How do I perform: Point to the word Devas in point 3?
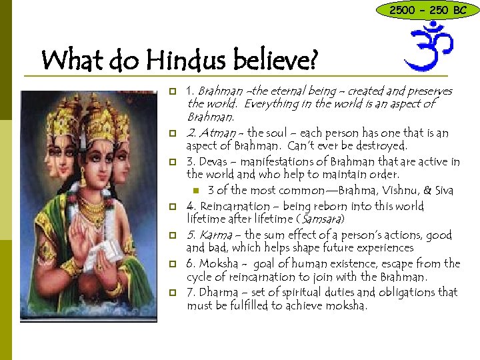pyautogui.click(x=213, y=162)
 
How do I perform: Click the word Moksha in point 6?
pyautogui.click(x=217, y=263)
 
